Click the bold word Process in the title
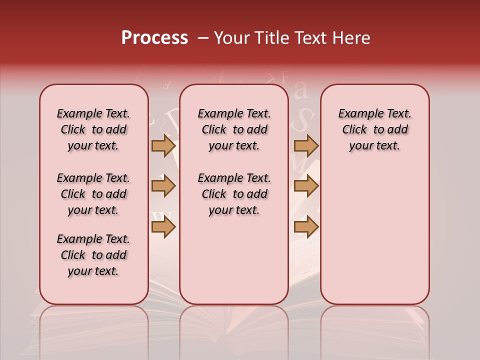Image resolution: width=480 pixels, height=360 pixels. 154,38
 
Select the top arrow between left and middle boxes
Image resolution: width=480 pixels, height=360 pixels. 163,146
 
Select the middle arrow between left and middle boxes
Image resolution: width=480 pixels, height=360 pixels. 163,186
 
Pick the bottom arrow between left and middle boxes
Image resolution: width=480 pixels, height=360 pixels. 163,227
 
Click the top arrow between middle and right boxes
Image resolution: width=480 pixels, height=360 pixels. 306,146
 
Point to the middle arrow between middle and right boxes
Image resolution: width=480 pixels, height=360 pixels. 306,186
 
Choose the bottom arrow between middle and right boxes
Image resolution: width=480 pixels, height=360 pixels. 306,227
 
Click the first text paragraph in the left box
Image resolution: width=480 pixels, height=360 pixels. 93,129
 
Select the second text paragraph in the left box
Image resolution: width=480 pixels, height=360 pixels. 93,194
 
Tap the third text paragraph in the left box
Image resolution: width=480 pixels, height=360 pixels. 93,255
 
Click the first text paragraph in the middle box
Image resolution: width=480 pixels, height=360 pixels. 234,129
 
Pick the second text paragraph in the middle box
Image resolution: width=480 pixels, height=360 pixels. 234,194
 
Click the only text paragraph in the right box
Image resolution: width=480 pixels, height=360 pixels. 374,129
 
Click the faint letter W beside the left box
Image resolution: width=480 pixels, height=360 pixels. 161,217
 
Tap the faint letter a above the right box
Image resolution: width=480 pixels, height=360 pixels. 300,91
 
